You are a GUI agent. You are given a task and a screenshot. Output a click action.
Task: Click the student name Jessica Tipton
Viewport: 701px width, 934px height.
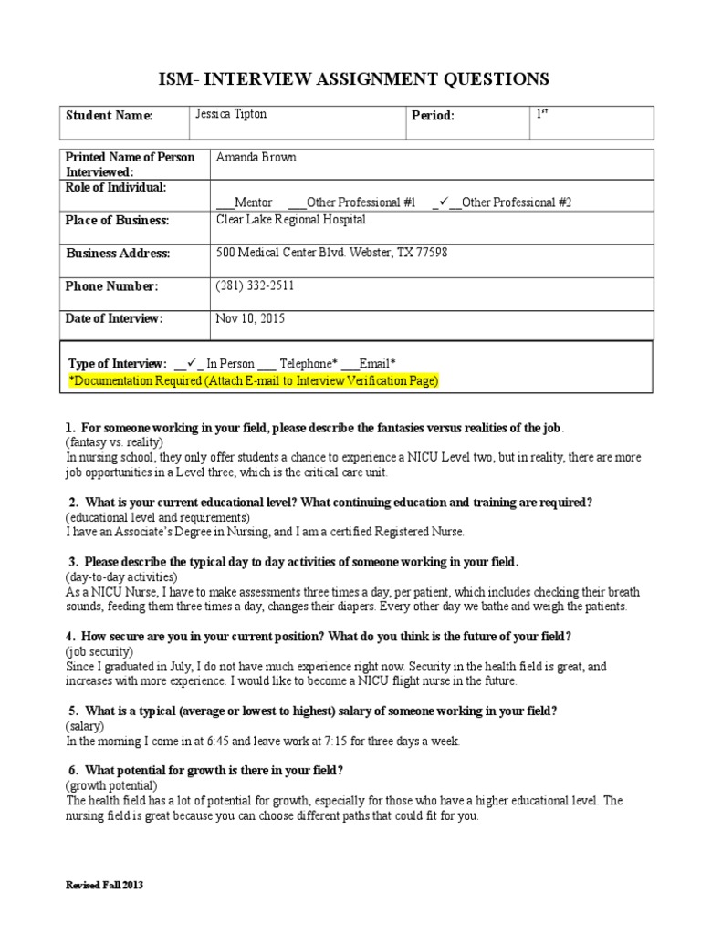(x=232, y=116)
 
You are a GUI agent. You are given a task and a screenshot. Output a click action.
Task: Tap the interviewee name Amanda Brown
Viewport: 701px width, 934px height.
(x=256, y=157)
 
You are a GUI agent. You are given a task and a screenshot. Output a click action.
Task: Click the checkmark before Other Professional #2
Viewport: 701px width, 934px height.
(x=444, y=202)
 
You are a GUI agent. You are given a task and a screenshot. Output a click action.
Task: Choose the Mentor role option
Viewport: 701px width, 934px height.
(x=253, y=202)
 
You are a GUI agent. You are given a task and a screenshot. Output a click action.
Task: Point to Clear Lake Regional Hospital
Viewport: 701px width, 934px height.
(x=290, y=220)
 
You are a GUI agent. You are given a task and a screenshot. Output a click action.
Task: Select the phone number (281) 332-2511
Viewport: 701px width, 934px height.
(x=255, y=286)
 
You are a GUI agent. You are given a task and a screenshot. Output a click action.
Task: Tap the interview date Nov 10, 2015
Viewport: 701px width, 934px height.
(x=250, y=319)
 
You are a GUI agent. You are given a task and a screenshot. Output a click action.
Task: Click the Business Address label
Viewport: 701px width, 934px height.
(x=117, y=254)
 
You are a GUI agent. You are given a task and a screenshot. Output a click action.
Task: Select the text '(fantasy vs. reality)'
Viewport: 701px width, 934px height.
(x=114, y=441)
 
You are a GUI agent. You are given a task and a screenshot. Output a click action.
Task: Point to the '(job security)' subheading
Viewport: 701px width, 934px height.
(x=99, y=652)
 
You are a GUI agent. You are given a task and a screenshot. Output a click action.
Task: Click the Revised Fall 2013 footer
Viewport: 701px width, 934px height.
(x=106, y=885)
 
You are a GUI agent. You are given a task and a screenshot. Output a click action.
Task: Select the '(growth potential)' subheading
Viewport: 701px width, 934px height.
(x=111, y=785)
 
